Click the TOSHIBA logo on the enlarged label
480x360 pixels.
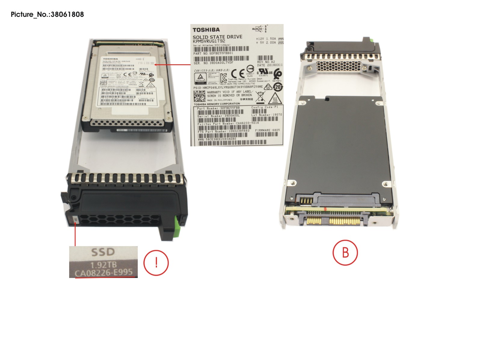(x=206, y=30)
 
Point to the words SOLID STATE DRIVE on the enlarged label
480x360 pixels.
(x=217, y=37)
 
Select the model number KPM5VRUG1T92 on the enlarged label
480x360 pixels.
(x=209, y=41)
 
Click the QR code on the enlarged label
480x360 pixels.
(x=199, y=96)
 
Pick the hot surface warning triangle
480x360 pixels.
(x=274, y=98)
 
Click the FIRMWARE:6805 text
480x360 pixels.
(x=267, y=130)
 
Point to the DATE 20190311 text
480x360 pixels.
(x=270, y=65)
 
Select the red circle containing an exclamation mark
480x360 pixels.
(x=156, y=263)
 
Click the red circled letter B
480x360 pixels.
(x=345, y=252)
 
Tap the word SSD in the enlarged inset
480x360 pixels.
(x=103, y=252)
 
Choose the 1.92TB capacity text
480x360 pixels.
(x=103, y=265)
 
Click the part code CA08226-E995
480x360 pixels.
(x=103, y=273)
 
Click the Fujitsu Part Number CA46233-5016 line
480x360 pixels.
(x=228, y=123)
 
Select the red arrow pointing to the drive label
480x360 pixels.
(x=173, y=64)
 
